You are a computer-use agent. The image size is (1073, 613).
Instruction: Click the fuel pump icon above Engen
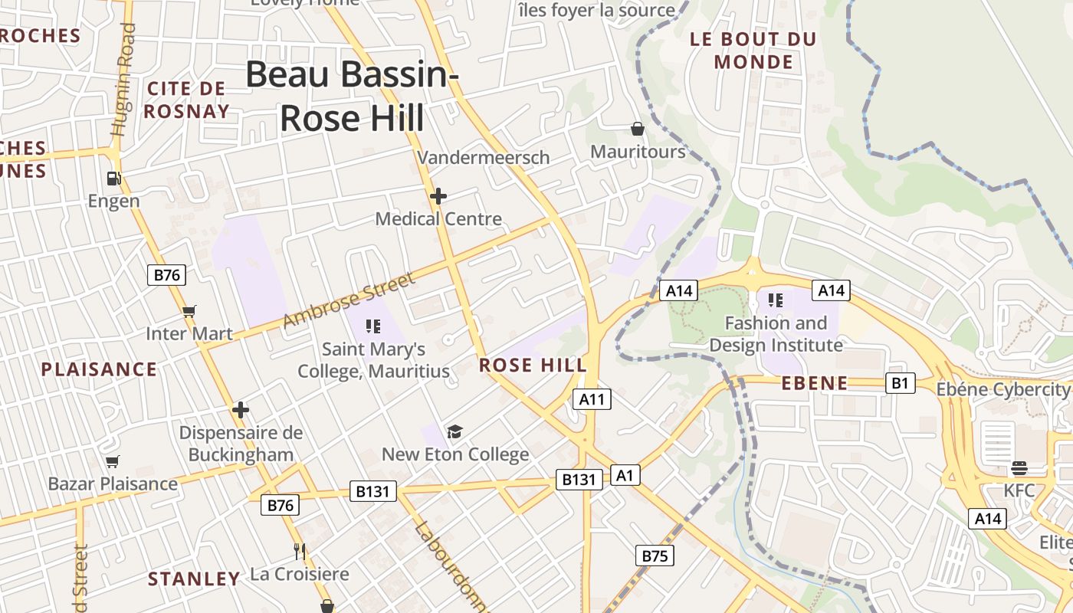pos(113,179)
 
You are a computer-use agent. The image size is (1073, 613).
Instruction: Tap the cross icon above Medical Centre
pos(438,196)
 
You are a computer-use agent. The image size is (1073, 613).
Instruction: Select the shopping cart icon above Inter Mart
pos(189,311)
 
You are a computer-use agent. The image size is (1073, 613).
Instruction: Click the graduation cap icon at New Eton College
pos(455,431)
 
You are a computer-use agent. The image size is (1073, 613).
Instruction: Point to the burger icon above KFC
pos(1019,467)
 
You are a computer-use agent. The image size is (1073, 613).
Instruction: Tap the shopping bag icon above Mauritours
pos(637,128)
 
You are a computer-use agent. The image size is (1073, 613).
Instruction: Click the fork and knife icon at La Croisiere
pos(300,551)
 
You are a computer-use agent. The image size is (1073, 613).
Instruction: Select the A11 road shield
pos(592,398)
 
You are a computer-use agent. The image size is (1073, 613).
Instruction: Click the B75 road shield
pos(655,556)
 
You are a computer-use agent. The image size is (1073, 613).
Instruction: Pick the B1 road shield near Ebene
pos(901,382)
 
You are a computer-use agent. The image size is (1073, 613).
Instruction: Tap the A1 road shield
pos(625,475)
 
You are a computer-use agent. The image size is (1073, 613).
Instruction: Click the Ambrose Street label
pos(349,299)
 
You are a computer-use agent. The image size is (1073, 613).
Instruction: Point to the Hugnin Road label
pos(124,80)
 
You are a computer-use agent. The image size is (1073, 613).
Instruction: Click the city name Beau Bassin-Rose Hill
pos(352,97)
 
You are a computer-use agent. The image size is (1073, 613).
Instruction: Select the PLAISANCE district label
pos(99,369)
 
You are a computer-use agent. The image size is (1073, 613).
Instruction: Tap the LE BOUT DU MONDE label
pos(753,51)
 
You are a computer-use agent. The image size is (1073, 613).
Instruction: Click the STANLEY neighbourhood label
pos(194,579)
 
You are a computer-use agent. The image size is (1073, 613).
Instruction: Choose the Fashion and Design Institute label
pos(776,334)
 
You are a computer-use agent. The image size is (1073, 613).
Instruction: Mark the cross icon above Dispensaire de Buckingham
pos(241,410)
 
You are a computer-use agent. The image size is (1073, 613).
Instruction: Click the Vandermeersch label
pos(483,158)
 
